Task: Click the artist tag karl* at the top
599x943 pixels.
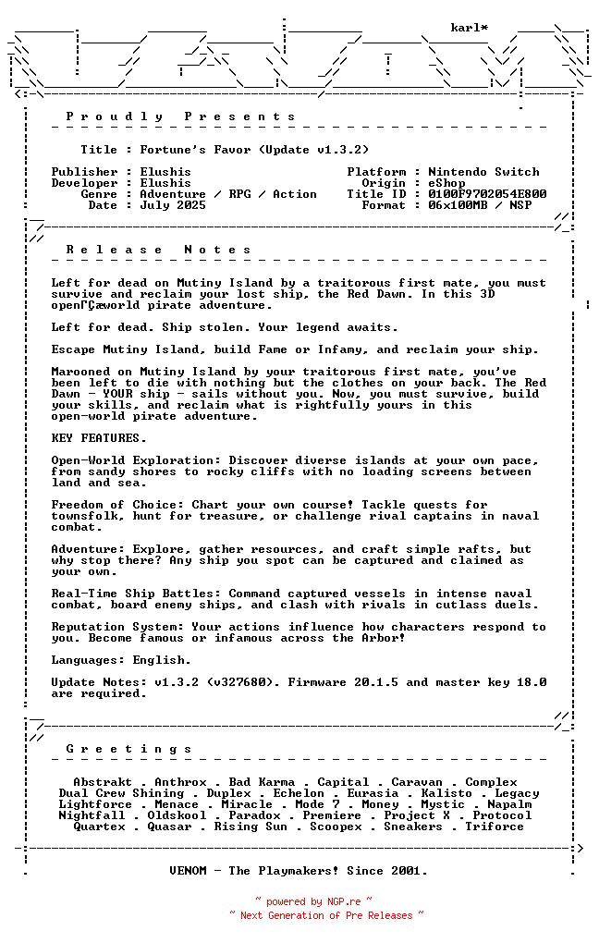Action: (469, 28)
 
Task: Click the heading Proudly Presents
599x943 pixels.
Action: (181, 116)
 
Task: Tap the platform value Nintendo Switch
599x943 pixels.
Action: (483, 172)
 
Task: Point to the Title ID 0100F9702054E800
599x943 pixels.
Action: (487, 194)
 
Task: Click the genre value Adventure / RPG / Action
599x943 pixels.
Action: (228, 194)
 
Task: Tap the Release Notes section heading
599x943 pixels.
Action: (159, 250)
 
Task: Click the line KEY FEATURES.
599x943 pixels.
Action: (99, 438)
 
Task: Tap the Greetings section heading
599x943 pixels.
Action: (129, 749)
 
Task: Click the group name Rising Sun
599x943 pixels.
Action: (251, 827)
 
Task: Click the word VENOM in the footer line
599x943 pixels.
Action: (188, 871)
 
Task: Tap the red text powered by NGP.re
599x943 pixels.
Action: (313, 901)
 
